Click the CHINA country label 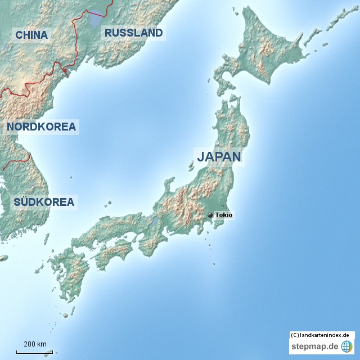coord(31,35)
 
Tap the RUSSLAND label coord(133,33)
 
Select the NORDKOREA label coord(41,127)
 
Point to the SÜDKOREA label coord(44,202)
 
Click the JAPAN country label coord(219,156)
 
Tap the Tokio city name coord(224,215)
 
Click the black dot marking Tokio coord(210,215)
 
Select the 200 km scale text coord(35,344)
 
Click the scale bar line coord(34,352)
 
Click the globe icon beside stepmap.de coord(346,346)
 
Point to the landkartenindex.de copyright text coord(322,335)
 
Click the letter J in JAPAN coord(201,156)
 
